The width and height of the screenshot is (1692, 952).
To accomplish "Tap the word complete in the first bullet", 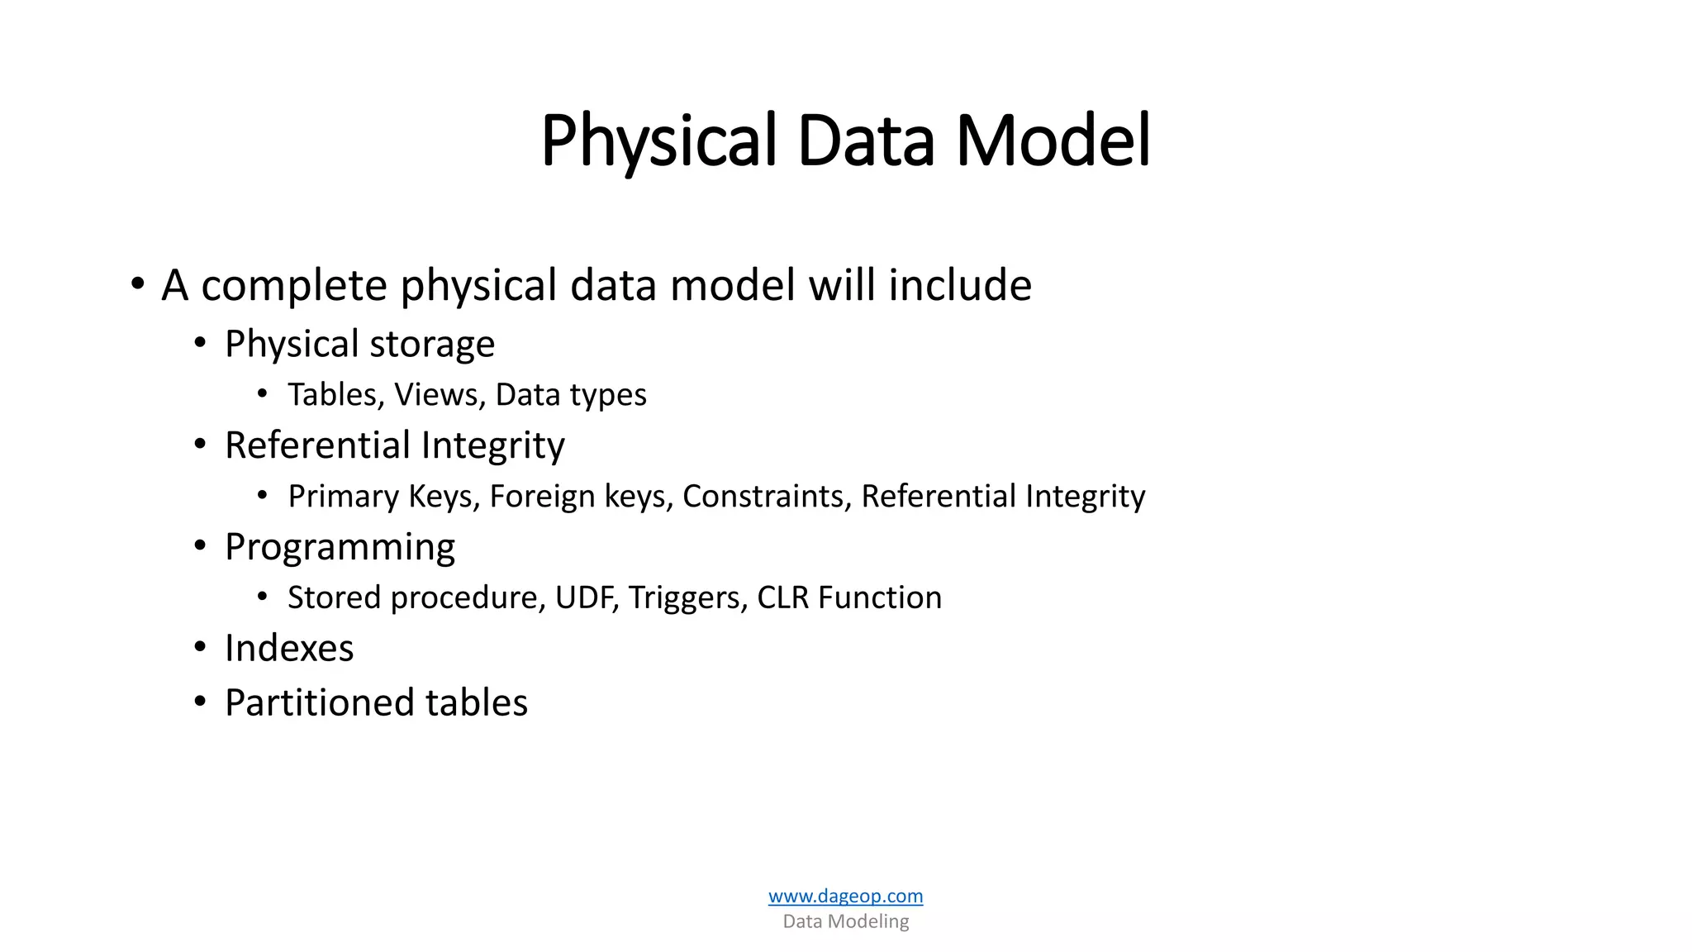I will pyautogui.click(x=293, y=286).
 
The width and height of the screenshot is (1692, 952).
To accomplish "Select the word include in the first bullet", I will pyautogui.click(x=959, y=286).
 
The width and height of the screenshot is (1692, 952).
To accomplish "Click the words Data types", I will pyautogui.click(x=571, y=395).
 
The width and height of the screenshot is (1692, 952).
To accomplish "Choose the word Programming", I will pyautogui.click(x=340, y=548).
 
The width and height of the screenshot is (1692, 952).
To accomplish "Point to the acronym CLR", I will pyautogui.click(x=782, y=597).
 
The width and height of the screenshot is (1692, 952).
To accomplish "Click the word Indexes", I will pyautogui.click(x=289, y=649).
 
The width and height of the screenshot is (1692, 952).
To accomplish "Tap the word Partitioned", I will pyautogui.click(x=319, y=703).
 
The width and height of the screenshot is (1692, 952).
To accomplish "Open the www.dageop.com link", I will pyautogui.click(x=845, y=896).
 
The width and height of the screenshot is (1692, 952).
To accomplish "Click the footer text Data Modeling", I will pyautogui.click(x=845, y=921).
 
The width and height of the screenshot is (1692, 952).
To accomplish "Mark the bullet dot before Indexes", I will pyautogui.click(x=200, y=647).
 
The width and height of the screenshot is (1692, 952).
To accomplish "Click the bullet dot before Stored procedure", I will pyautogui.click(x=263, y=596).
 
